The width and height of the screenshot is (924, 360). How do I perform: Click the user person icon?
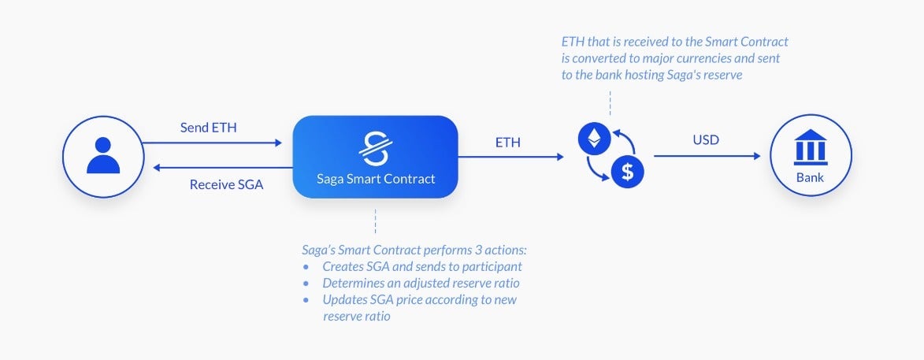pyautogui.click(x=103, y=155)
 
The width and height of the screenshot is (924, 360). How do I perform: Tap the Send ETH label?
pyautogui.click(x=209, y=128)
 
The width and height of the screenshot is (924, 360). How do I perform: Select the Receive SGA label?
pyautogui.click(x=226, y=184)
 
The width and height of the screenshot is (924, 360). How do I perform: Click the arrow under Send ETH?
pyautogui.click(x=212, y=143)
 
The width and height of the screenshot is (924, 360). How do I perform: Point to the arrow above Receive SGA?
pyautogui.click(x=223, y=168)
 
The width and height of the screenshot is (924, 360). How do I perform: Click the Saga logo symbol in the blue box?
pyautogui.click(x=376, y=148)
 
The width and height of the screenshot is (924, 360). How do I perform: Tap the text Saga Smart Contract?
pyautogui.click(x=376, y=179)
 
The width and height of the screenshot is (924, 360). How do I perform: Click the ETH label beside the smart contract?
pyautogui.click(x=507, y=142)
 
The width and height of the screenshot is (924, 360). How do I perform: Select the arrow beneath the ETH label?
pyautogui.click(x=511, y=157)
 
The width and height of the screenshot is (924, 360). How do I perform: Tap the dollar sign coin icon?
pyautogui.click(x=628, y=173)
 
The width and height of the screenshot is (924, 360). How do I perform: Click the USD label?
pyautogui.click(x=706, y=141)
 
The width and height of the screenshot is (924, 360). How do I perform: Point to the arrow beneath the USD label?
pyautogui.click(x=707, y=156)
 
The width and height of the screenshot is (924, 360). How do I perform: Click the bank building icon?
pyautogui.click(x=811, y=147)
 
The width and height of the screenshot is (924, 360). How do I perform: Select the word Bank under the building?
pyautogui.click(x=811, y=177)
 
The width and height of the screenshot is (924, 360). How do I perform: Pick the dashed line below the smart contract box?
pyautogui.click(x=376, y=221)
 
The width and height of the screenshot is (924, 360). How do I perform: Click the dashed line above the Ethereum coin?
pyautogui.click(x=610, y=103)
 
